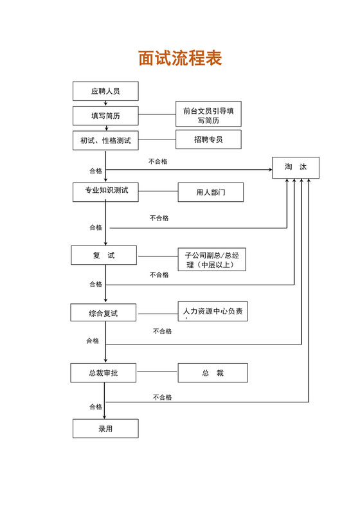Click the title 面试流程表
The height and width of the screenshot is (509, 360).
click(180, 58)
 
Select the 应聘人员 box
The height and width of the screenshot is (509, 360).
click(105, 91)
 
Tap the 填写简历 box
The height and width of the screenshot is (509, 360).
click(105, 116)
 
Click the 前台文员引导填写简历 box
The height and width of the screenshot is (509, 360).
click(208, 115)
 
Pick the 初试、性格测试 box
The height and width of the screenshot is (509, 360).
click(105, 140)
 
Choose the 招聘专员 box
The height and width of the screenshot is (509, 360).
click(208, 139)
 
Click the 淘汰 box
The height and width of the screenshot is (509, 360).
click(296, 167)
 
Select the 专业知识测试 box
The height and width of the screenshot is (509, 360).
click(105, 191)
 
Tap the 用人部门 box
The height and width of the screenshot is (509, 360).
click(211, 192)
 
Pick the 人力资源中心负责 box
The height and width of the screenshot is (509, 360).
click(213, 312)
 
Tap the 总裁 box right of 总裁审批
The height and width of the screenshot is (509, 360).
click(212, 373)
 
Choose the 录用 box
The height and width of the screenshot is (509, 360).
click(105, 429)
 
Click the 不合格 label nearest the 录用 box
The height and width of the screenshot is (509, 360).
click(162, 397)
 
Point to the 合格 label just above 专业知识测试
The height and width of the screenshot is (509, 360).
click(95, 171)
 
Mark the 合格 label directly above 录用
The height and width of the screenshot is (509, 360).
click(95, 407)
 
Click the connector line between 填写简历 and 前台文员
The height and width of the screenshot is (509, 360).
click(157, 116)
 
